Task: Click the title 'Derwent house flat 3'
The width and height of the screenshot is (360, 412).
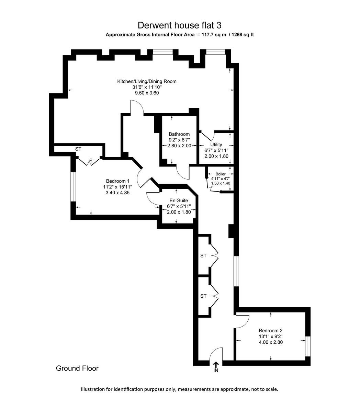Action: [x=180, y=25]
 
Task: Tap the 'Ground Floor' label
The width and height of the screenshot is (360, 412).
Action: [x=77, y=368]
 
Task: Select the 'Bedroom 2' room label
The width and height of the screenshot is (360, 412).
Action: [x=271, y=331]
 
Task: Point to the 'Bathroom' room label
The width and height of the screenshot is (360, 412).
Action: [x=179, y=134]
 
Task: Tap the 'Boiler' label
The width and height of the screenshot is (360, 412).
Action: [x=221, y=174]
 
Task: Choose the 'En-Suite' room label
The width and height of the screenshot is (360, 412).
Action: [x=179, y=201]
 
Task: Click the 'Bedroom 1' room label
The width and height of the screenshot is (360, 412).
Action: [x=117, y=181]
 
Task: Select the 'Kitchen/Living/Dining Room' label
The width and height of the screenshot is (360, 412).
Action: [x=147, y=81]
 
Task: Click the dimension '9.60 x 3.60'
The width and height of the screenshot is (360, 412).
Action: [x=147, y=93]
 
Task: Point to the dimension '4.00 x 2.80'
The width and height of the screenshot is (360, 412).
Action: [x=271, y=342]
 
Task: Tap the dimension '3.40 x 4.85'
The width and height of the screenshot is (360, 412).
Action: [x=117, y=193]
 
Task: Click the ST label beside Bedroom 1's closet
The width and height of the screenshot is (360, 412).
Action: [x=78, y=149]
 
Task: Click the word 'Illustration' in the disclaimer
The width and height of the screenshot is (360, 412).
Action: [x=93, y=389]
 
